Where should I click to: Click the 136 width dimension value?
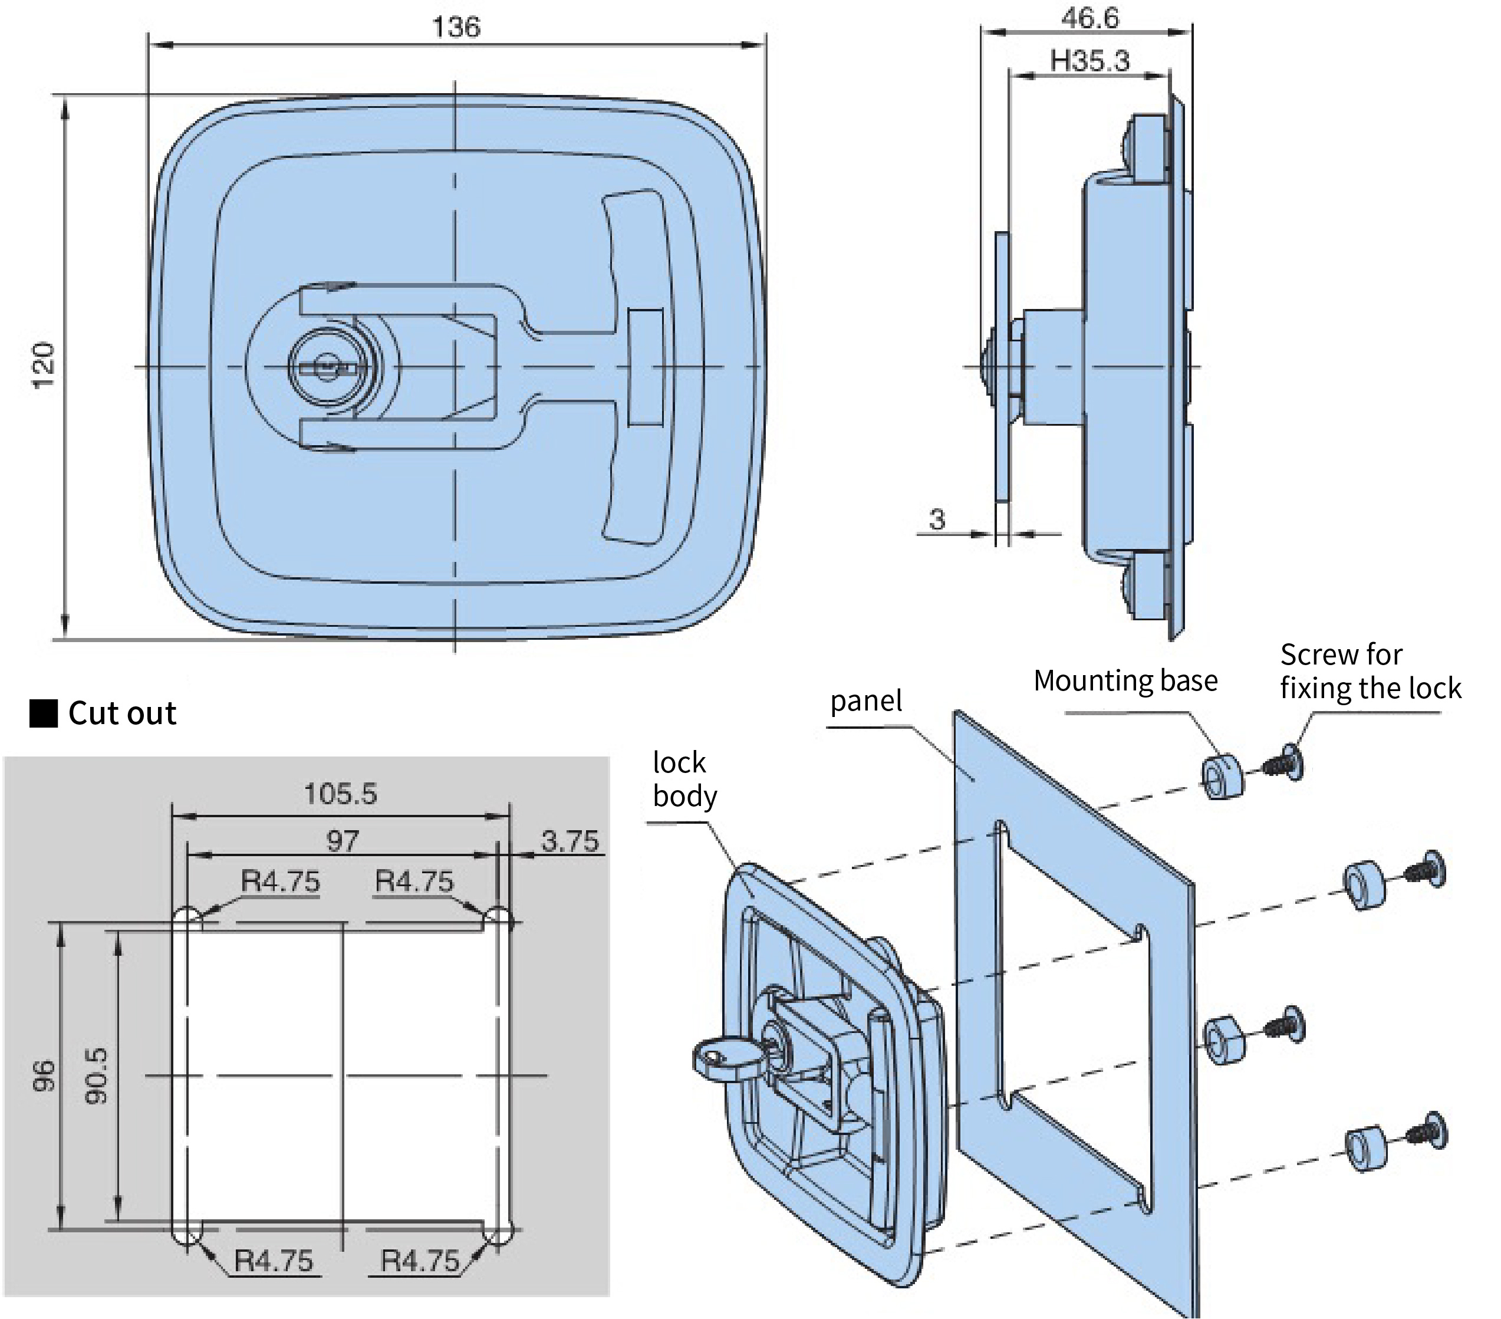point(456,27)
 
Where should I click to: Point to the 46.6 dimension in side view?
point(1089,18)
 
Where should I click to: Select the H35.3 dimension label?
point(1089,61)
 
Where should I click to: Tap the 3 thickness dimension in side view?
point(936,519)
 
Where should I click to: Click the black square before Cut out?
point(43,713)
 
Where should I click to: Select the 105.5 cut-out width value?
point(340,794)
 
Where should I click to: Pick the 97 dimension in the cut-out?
point(342,841)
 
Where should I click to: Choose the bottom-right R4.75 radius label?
point(419,1260)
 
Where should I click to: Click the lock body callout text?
point(684,779)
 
